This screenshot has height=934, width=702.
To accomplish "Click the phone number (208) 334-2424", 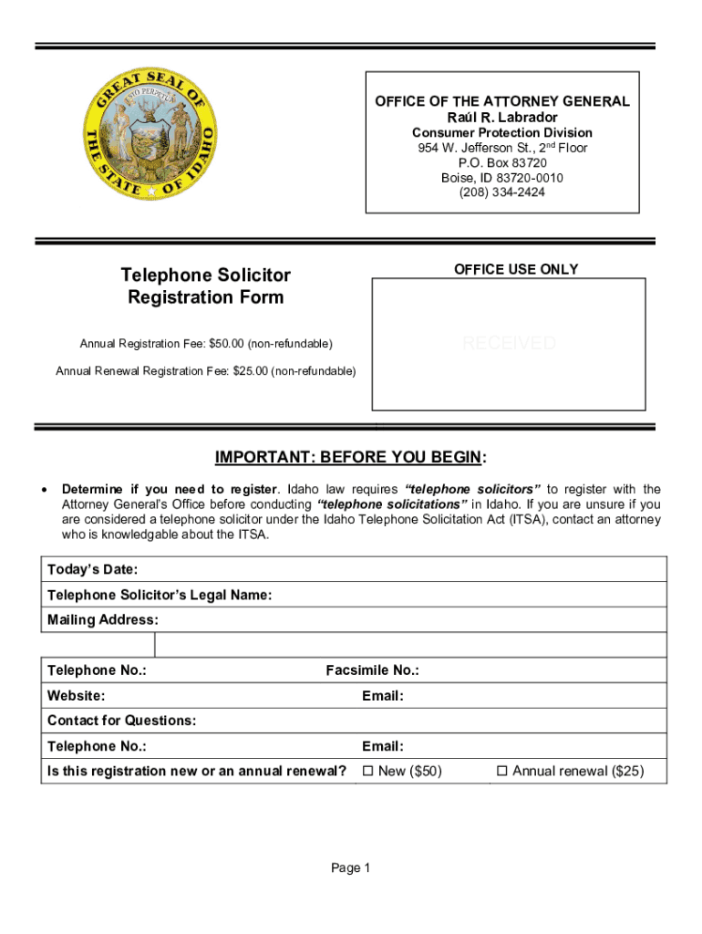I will click(x=502, y=192).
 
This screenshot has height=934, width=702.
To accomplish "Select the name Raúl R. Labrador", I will click(x=502, y=118).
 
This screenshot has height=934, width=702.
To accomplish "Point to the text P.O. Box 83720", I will click(x=502, y=162).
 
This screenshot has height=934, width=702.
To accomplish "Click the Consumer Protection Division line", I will click(x=502, y=133).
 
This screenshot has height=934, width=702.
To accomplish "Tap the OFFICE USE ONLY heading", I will click(x=516, y=269).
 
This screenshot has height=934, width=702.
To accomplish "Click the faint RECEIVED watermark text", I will click(x=509, y=343).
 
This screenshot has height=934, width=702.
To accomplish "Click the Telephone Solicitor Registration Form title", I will click(x=206, y=286).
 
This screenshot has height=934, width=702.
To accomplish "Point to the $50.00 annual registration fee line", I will click(x=206, y=344).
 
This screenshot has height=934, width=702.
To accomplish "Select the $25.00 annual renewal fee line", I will click(x=206, y=371).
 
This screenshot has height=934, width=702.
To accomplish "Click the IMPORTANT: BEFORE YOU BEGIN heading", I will click(x=351, y=457).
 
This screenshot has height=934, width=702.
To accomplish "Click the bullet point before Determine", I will click(x=46, y=491).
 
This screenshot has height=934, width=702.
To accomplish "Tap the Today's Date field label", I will click(x=93, y=570).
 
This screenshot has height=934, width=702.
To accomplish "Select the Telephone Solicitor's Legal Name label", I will click(x=160, y=596).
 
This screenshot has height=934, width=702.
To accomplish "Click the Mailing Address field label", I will click(x=103, y=620).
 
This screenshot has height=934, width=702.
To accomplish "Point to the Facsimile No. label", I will click(x=372, y=671).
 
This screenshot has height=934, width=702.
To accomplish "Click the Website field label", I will click(x=76, y=696).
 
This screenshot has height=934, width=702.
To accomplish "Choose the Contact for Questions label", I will click(x=121, y=721).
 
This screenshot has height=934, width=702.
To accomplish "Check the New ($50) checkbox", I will click(x=368, y=772).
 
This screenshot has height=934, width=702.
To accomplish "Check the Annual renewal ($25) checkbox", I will click(x=501, y=772).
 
